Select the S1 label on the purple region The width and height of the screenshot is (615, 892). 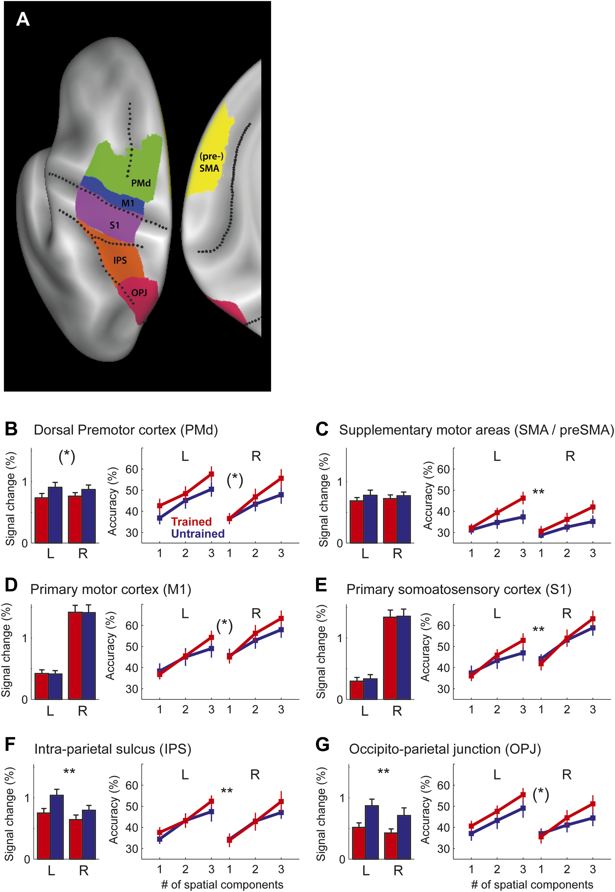(114, 225)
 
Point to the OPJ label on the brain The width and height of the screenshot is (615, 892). (139, 293)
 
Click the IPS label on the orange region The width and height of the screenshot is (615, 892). (120, 261)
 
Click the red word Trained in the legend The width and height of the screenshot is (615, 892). (191, 522)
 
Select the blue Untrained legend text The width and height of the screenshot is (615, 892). (198, 533)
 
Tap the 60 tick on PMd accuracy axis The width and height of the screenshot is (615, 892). (131, 469)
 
